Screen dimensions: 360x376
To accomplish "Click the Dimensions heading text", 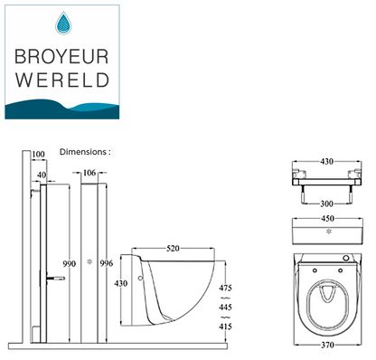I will [85, 152].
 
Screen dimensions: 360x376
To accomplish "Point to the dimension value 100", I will [37, 155].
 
